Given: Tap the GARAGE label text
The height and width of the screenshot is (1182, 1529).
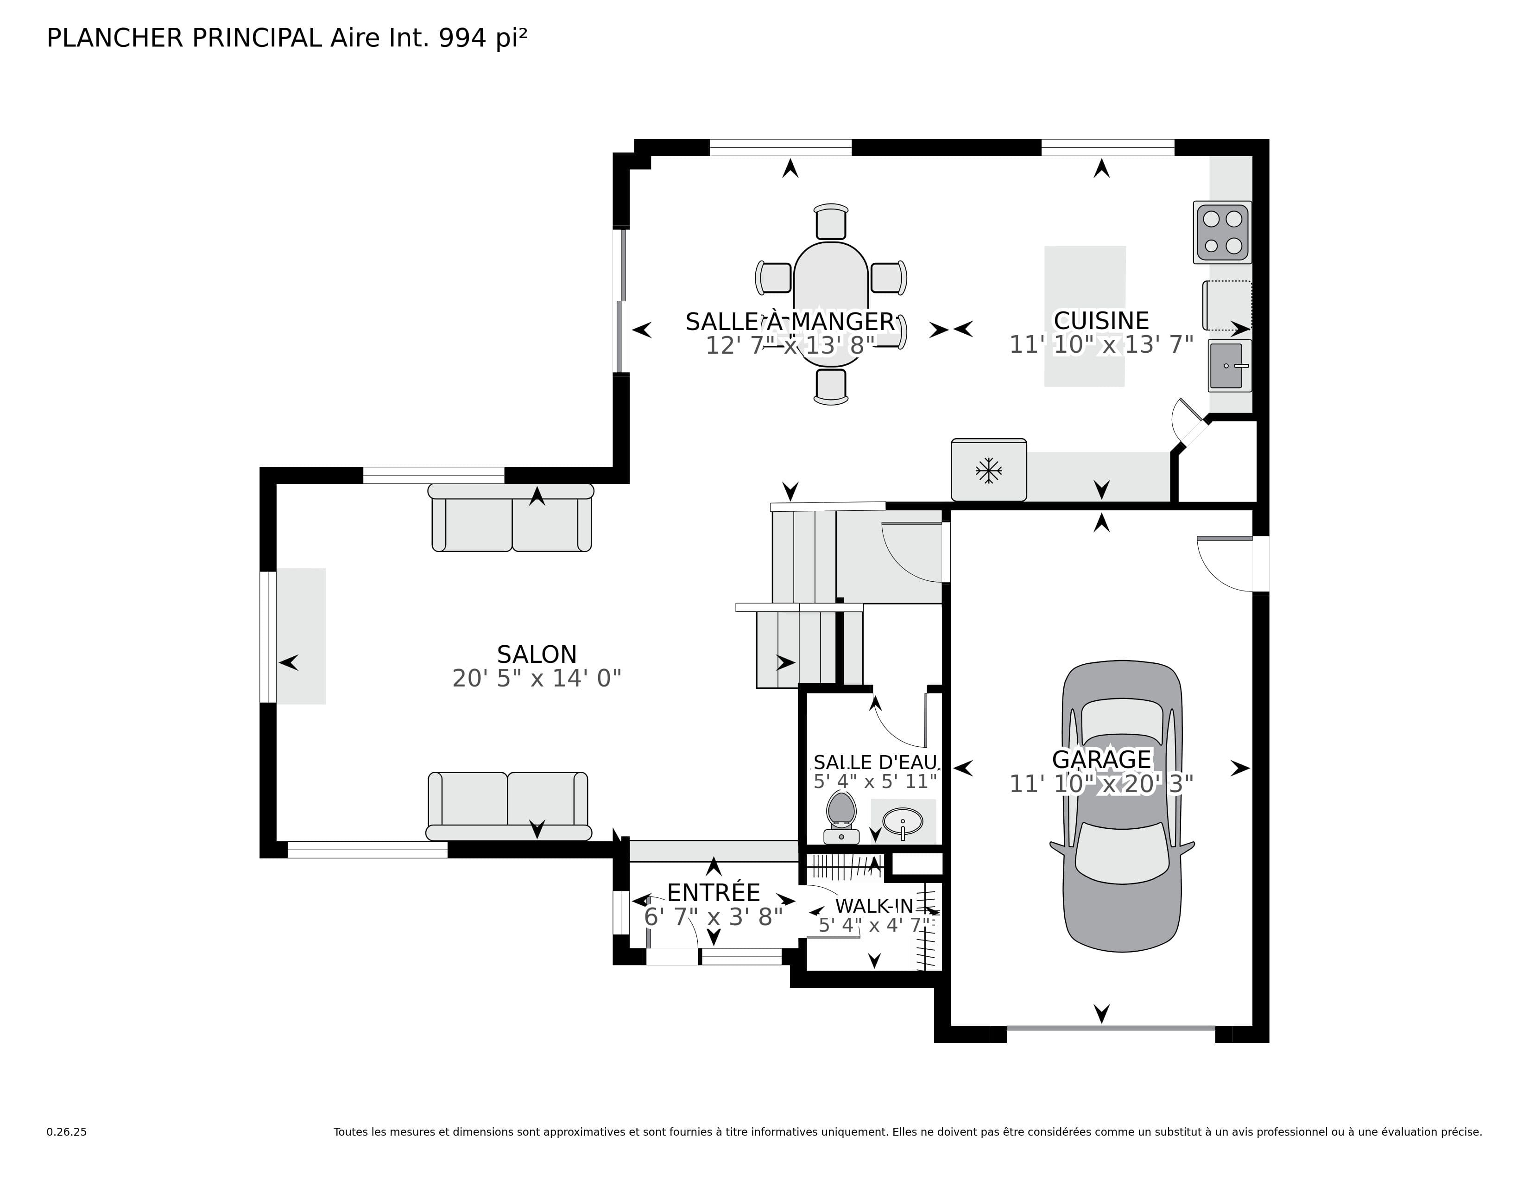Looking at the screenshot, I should pos(1101,759).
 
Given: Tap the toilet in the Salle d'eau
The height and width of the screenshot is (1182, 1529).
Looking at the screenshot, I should pos(841,816).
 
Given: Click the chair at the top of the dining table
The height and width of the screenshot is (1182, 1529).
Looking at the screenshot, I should pos(831,222).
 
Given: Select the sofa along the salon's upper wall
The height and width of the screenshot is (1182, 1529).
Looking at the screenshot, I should pos(511,518).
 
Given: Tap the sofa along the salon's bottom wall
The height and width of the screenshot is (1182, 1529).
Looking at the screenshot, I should pos(508,805).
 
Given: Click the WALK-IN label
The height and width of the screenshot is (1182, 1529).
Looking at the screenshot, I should pos(874,906).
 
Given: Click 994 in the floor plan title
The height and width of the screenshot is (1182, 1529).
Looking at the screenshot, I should pos(462,38).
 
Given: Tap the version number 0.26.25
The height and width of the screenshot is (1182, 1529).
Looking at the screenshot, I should pos(67,1131).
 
